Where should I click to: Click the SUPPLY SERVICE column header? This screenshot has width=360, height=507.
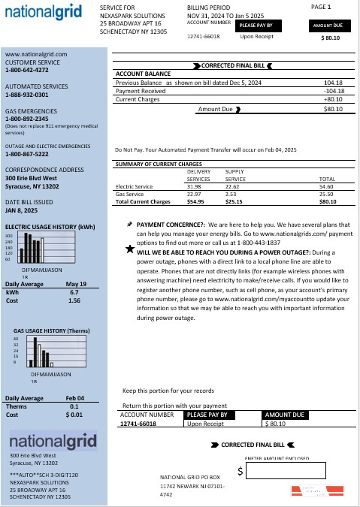click(x=235, y=176)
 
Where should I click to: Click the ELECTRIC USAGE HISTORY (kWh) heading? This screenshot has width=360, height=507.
click(x=50, y=226)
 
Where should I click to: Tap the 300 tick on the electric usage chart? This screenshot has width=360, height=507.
click(x=9, y=236)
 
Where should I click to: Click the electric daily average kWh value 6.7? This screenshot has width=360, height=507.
click(x=74, y=291)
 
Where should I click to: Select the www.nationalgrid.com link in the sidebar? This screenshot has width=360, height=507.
click(x=36, y=54)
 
